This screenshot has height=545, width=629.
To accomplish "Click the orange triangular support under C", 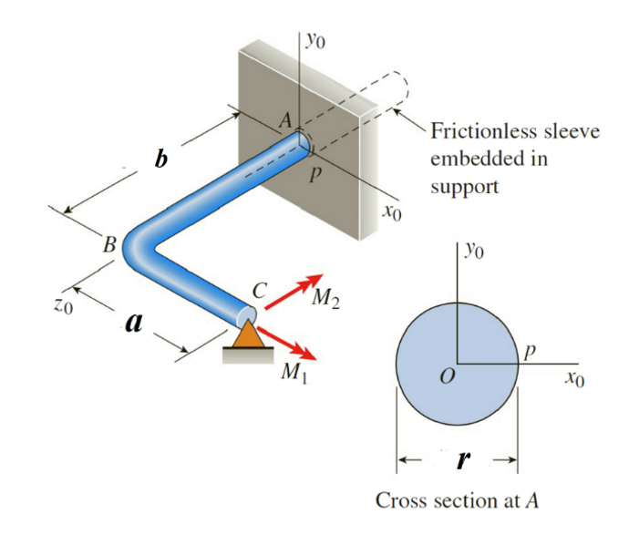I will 245,337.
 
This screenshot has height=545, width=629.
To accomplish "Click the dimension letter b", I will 160,159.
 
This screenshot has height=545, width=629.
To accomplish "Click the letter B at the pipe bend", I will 108,244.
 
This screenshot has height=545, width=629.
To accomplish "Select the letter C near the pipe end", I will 259,291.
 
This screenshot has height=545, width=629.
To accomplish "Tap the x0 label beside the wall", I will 392,214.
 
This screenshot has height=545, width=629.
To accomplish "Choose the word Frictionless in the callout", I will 488,132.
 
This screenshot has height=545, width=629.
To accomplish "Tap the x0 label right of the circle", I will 572,378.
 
